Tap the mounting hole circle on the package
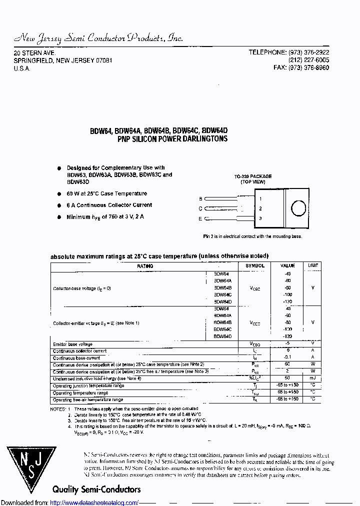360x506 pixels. pos(298,208)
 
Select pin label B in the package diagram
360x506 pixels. pos(200,198)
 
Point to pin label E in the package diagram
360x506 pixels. pos(200,218)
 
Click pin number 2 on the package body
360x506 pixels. pos(260,208)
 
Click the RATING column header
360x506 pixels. pos(145,266)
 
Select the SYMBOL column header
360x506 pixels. pos(255,265)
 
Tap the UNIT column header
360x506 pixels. pos(312,265)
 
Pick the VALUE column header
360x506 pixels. pos(287,265)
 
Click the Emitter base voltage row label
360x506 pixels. pos(72,344)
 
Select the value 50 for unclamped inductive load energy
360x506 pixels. pos(287,378)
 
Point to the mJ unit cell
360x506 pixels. pos(312,378)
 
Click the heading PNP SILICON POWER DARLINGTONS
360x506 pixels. pos(172,138)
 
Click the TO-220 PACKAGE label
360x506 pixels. pos(253,176)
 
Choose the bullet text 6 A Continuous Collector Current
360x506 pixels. pos(109,205)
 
